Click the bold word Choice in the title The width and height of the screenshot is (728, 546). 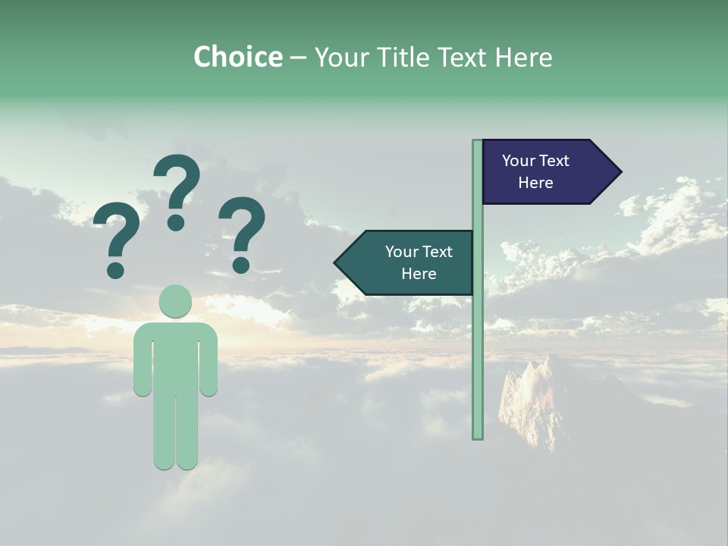237,57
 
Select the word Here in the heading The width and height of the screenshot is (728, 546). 524,57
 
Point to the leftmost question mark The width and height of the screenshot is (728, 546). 116,235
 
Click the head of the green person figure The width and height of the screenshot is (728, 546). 175,301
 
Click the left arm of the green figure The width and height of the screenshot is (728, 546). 143,364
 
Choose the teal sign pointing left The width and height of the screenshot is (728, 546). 409,262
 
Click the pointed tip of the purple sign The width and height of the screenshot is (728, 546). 617,171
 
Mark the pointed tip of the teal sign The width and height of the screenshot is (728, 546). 338,262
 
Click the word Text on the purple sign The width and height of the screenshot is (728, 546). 554,161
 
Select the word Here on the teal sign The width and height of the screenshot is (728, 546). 419,274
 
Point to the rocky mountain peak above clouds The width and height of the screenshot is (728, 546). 535,394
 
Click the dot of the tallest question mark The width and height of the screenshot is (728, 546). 176,222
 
